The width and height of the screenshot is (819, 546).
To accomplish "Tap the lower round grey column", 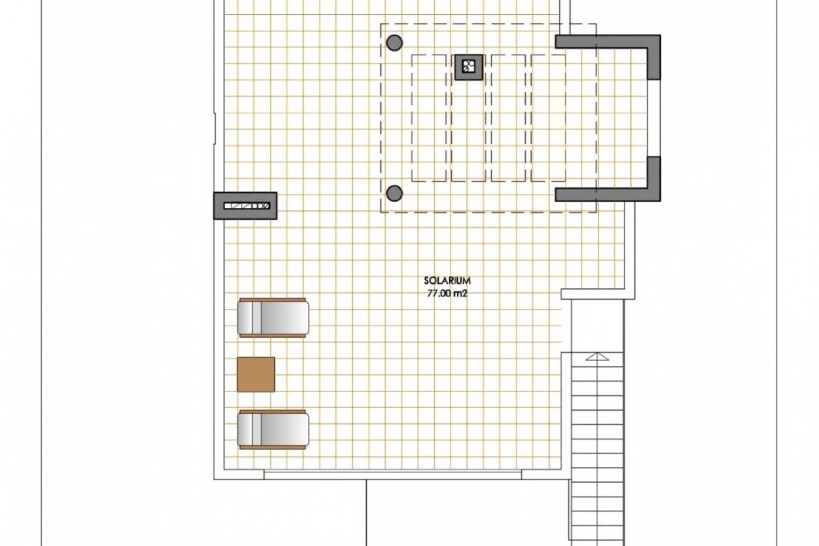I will pos(394,193).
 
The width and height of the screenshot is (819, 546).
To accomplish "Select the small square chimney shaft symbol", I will pos(469,67).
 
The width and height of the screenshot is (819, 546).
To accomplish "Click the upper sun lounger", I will pos(273,318).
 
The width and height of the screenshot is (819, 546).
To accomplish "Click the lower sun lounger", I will pos(273,430).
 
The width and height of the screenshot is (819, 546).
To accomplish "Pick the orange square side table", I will pos(256,374).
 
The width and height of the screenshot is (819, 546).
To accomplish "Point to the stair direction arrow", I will pos(597,357).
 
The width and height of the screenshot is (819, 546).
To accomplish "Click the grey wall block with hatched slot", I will pos(245,206).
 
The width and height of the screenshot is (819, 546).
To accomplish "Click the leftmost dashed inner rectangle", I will pos(429,118).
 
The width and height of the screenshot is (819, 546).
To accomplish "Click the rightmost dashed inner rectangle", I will pos(549,118).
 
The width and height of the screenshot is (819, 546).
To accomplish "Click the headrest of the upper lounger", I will pos(246,318).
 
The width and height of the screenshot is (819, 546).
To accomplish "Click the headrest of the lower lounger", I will pos(246,430).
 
